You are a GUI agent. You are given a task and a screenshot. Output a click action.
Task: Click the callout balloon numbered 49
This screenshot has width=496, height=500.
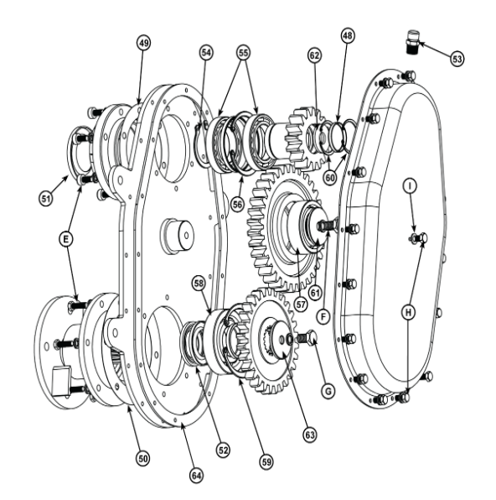144,42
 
